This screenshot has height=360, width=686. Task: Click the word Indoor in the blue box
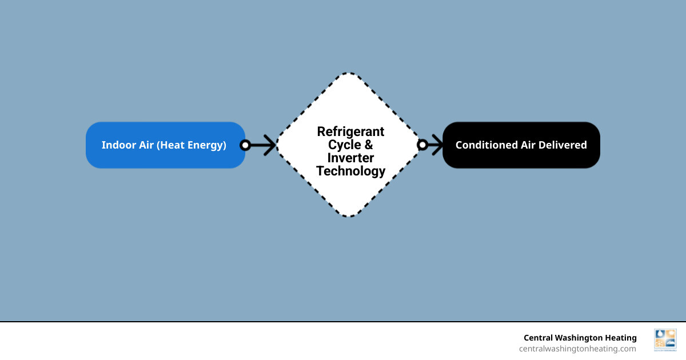[116, 145]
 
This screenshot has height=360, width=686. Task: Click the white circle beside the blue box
[245, 145]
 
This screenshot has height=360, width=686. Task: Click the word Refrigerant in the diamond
[350, 131]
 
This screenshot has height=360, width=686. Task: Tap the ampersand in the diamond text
[368, 145]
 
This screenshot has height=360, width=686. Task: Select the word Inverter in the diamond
[350, 158]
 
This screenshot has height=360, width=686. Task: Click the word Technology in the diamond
[350, 171]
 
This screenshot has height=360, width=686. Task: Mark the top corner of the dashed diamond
[349, 73]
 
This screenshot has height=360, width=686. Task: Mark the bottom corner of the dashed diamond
[349, 217]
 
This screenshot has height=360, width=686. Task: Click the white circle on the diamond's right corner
[422, 145]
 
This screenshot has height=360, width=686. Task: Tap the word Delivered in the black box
[563, 145]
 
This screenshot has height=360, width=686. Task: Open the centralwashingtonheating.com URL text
[577, 349]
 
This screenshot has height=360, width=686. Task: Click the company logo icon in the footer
[665, 339]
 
